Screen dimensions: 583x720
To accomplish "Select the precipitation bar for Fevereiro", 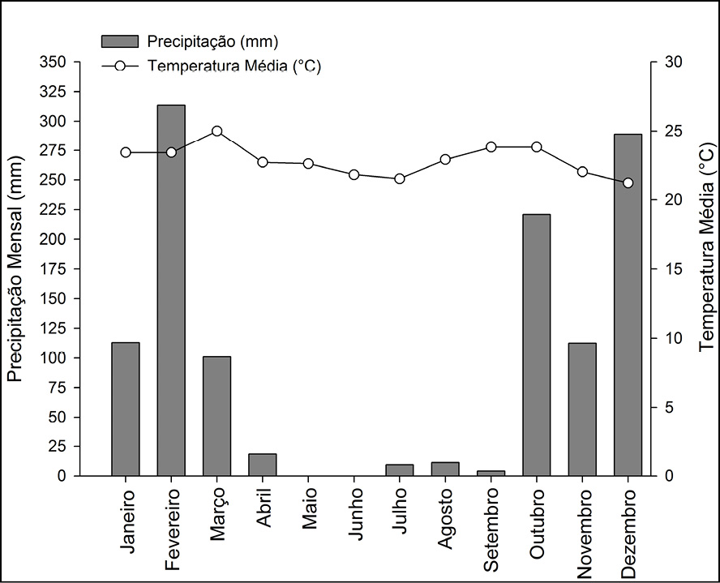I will (171, 289).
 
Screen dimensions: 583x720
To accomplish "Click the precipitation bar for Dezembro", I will (628, 304).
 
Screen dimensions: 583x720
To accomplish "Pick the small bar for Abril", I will (263, 465).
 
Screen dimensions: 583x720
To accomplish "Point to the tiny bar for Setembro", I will (491, 473).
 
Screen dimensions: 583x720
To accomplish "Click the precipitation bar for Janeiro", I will (126, 409).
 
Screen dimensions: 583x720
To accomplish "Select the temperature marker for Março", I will (216, 131).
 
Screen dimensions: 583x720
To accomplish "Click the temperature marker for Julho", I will (399, 178).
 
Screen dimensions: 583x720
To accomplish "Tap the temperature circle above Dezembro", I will (628, 183).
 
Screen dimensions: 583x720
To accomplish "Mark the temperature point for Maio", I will (308, 164).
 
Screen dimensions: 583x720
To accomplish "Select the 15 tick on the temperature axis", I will (669, 269).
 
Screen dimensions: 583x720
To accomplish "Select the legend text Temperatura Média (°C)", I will (234, 66).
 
